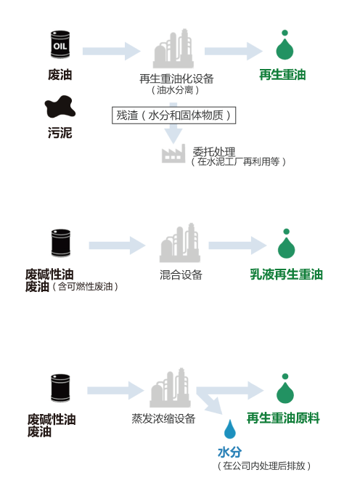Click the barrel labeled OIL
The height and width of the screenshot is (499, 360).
[60, 44]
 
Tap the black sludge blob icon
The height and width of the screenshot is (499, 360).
[60, 107]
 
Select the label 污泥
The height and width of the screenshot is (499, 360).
[60, 133]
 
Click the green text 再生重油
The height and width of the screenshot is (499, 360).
[282, 75]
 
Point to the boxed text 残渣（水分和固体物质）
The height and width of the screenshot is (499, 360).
[173, 115]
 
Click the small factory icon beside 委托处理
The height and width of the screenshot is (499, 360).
[173, 153]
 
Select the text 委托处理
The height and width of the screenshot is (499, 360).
[214, 152]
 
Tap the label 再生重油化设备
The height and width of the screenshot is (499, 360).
[176, 78]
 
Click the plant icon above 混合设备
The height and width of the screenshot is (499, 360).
[180, 243]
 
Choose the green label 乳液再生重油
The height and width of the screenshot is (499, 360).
[286, 275]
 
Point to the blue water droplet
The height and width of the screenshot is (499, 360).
[229, 429]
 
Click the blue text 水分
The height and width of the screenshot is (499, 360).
[229, 452]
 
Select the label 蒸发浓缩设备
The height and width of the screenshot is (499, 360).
[164, 418]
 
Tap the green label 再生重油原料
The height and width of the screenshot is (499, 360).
[283, 418]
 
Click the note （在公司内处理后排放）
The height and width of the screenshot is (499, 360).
[264, 466]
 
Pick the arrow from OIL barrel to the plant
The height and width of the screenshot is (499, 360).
[111, 51]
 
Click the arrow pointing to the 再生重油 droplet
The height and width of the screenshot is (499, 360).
[234, 51]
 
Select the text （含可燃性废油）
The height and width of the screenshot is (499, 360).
[85, 286]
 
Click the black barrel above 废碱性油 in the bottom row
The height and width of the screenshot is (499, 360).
[60, 388]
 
